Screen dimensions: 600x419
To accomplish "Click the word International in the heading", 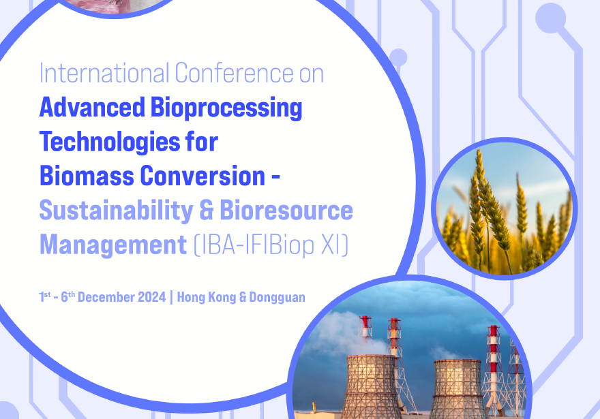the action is (104, 73).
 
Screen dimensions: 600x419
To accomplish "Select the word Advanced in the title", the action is (92, 107).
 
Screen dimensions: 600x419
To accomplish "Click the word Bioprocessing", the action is (226, 108).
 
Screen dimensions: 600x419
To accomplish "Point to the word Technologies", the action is (110, 142).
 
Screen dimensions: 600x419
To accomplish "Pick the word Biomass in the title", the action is (87, 176).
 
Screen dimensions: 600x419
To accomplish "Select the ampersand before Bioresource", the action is (207, 211).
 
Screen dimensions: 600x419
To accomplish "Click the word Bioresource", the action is (286, 211).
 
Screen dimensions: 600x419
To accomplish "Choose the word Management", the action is (113, 245).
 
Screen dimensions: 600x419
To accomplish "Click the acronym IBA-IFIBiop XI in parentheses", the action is (271, 245).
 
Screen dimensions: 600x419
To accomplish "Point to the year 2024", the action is (151, 297).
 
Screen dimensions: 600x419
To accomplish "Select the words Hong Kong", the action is (206, 298).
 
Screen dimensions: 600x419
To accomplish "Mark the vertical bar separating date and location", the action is (171, 298).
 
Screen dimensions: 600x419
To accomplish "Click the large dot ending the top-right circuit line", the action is (550, 18).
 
